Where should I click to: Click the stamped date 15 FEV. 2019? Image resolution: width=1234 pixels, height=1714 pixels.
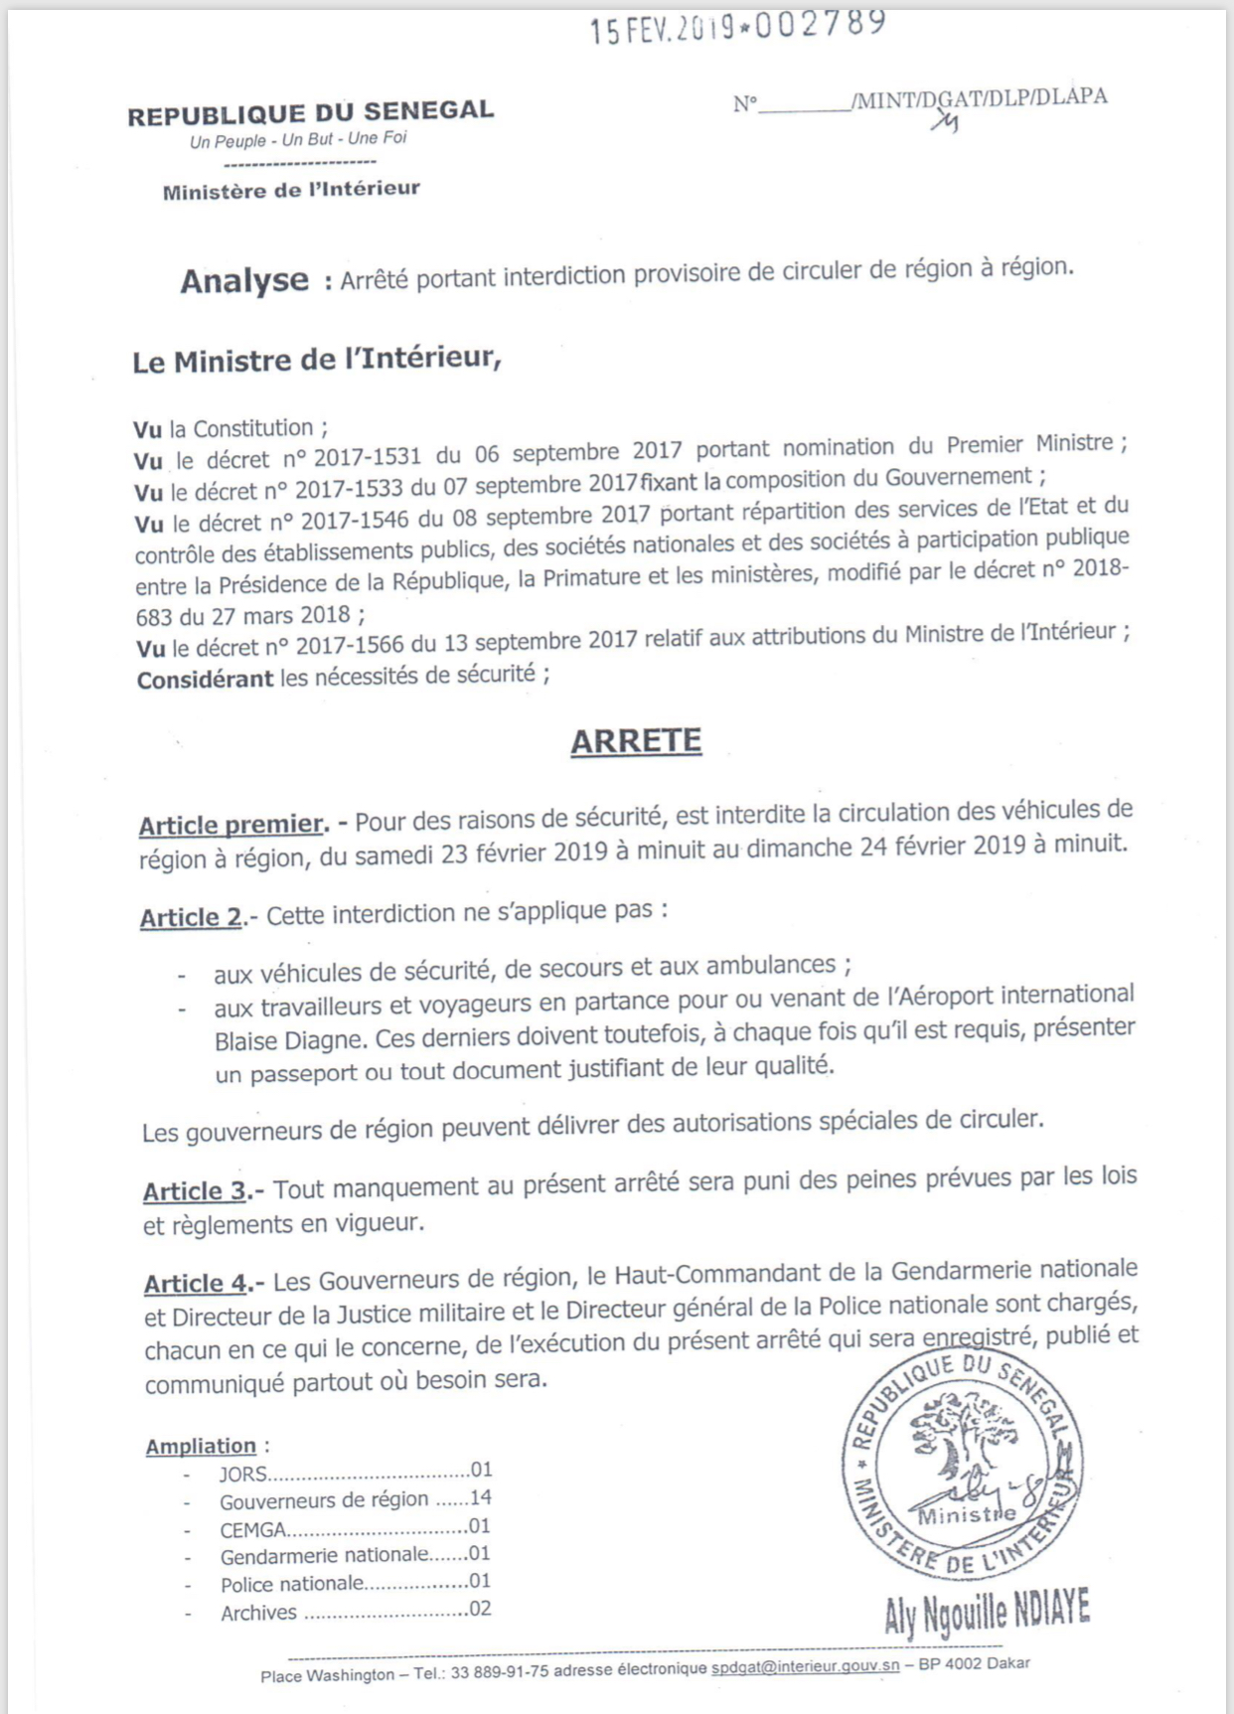pyautogui.click(x=662, y=30)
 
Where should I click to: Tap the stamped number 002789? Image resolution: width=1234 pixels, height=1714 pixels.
pyautogui.click(x=821, y=24)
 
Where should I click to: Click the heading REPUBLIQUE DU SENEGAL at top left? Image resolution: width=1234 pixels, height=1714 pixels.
pyautogui.click(x=310, y=113)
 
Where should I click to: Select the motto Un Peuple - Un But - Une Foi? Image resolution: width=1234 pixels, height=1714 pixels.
pyautogui.click(x=298, y=140)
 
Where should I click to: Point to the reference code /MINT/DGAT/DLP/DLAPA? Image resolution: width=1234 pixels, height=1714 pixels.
pyautogui.click(x=979, y=98)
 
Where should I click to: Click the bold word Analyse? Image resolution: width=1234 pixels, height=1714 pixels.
pyautogui.click(x=244, y=281)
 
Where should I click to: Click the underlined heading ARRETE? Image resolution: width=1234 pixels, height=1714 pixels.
pyautogui.click(x=636, y=741)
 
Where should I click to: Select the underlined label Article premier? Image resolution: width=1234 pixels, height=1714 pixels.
pyautogui.click(x=232, y=825)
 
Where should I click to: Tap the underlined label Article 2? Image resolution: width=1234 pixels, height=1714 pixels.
pyautogui.click(x=191, y=917)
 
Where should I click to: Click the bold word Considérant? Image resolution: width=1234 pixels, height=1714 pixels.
pyautogui.click(x=205, y=680)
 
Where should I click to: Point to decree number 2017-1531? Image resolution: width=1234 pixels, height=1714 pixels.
pyautogui.click(x=367, y=458)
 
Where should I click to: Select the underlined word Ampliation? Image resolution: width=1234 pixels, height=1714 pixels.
pyautogui.click(x=201, y=1447)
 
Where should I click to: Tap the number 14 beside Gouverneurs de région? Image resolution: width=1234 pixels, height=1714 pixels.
pyautogui.click(x=481, y=1497)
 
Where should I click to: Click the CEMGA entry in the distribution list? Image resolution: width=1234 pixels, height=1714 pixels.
pyautogui.click(x=253, y=1530)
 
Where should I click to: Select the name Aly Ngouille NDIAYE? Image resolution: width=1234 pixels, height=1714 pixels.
pyautogui.click(x=987, y=1613)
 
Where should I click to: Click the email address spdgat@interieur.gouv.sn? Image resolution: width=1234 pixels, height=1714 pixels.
pyautogui.click(x=805, y=1666)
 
